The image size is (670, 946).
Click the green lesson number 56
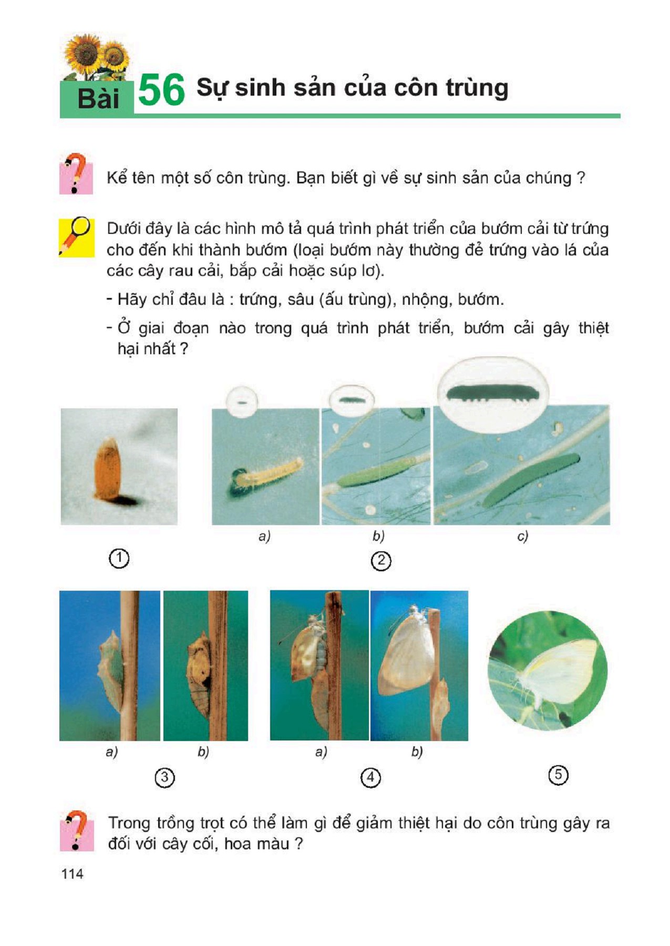161,90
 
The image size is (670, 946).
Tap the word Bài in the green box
98,98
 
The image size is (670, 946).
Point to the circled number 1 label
119,558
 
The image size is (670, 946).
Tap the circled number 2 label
381,561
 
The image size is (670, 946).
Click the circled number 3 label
164,777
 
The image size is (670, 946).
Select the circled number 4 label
370,777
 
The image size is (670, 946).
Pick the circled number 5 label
558,775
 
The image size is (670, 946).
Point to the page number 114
73,873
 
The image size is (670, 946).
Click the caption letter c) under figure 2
522,536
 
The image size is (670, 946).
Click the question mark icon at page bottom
77,830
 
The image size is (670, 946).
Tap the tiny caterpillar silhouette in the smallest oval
242,403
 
